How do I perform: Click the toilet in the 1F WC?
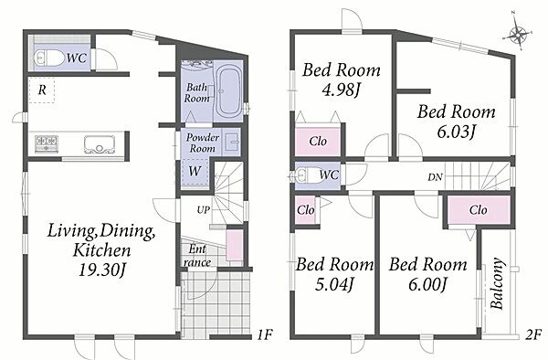[x=48, y=58]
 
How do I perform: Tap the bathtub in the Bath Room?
[x=227, y=91]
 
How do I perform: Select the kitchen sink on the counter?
[x=100, y=144]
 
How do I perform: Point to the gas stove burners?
[x=47, y=143]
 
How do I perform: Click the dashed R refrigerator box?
[x=42, y=90]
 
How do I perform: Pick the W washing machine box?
[x=195, y=171]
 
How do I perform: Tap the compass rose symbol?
[x=518, y=34]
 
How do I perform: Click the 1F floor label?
[x=264, y=335]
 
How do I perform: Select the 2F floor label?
[x=532, y=335]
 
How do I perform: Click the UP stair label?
[x=204, y=210]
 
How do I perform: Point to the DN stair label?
[x=435, y=177]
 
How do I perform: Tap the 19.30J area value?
[x=101, y=270]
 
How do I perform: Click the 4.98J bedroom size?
[x=341, y=90]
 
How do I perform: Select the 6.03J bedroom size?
[x=456, y=132]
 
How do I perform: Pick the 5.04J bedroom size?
[x=334, y=284]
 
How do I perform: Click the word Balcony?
[x=497, y=283]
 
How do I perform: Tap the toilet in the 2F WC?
[x=305, y=175]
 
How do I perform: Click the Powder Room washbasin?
[x=232, y=142]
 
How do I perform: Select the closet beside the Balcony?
[x=478, y=210]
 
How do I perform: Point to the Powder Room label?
[x=203, y=143]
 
